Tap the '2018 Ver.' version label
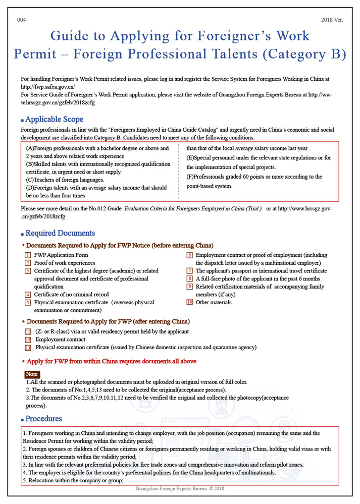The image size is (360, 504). (332, 20)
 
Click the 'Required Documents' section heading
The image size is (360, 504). (60, 233)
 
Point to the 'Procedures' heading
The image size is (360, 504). (43, 418)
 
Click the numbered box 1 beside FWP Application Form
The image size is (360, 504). (28, 255)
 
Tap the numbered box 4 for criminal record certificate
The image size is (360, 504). (28, 295)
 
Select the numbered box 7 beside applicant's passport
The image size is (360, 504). (189, 271)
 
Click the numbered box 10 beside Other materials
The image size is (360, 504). (189, 302)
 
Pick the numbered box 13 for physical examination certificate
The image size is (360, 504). (28, 348)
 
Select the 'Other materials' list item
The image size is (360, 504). (214, 302)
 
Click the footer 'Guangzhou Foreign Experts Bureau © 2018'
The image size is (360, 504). (180, 488)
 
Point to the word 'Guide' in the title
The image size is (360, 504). (71, 36)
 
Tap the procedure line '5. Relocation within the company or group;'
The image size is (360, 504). (73, 480)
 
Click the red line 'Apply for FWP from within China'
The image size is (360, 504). (111, 361)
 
